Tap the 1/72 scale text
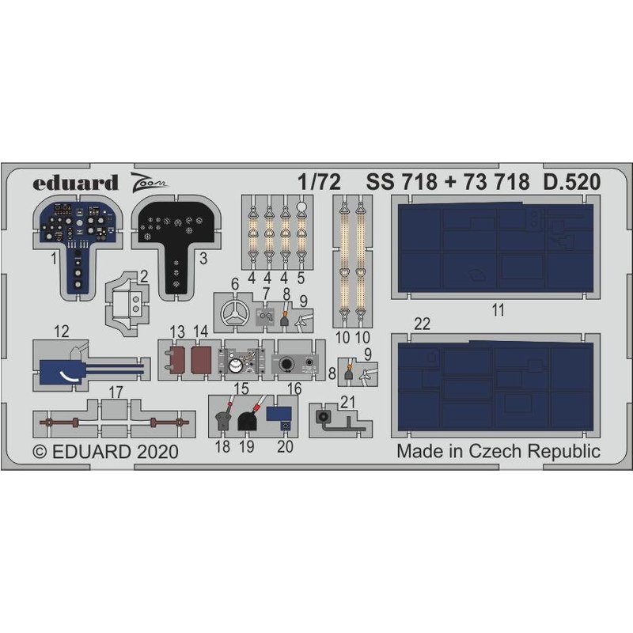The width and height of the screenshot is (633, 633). point(326,182)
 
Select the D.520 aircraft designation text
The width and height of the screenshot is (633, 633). point(571,182)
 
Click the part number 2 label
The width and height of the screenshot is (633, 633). point(145,276)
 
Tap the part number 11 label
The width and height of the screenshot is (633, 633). point(497,310)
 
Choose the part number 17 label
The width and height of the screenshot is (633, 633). point(116,391)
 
